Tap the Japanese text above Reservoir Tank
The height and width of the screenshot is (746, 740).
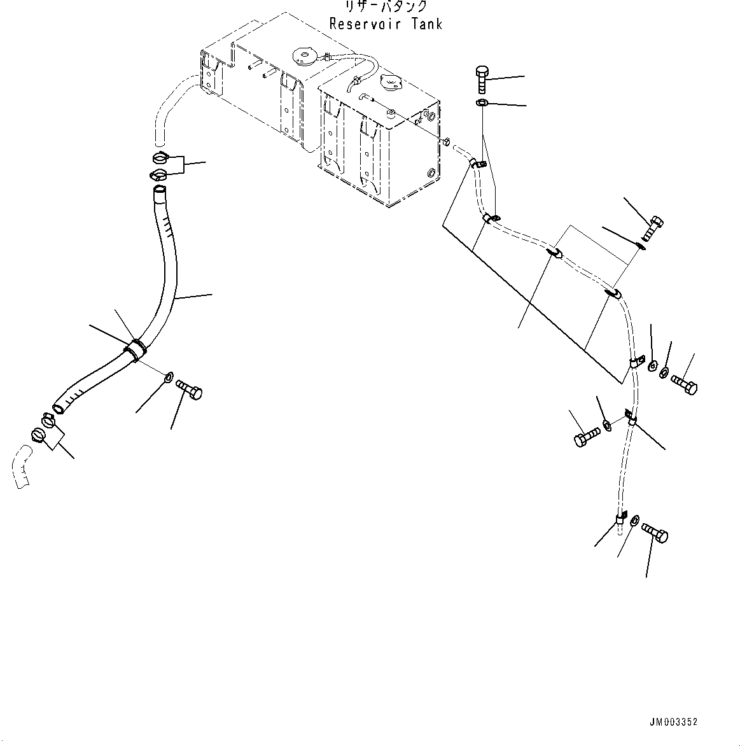pos(386,7)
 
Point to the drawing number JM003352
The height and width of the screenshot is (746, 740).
pos(673,722)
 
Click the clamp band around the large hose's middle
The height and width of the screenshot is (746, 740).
pos(136,348)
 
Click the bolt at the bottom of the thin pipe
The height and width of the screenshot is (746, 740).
pos(655,533)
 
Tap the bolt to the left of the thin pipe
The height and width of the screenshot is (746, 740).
pos(586,437)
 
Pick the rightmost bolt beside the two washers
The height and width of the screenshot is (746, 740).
pos(684,384)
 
